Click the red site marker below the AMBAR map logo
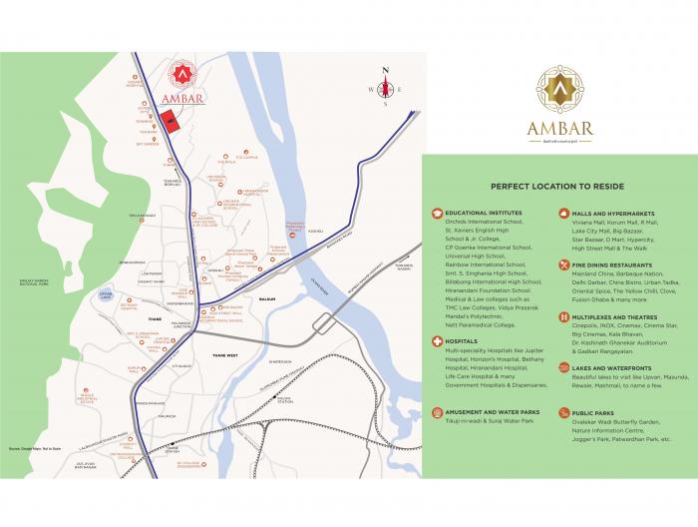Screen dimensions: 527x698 pos(172,122)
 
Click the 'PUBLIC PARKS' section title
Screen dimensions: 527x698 pos(595,410)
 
